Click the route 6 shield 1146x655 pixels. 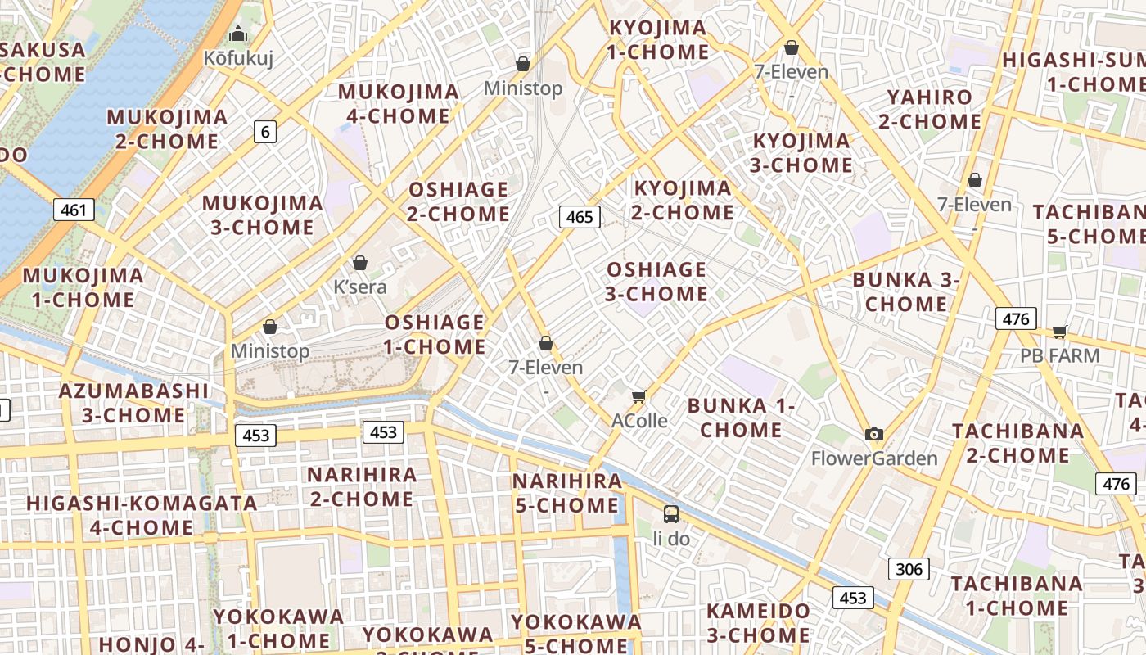click(x=264, y=131)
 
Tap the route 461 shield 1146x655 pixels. click(x=74, y=210)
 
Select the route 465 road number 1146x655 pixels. click(x=580, y=217)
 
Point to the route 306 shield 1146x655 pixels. click(x=909, y=569)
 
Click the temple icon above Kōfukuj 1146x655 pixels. click(x=238, y=34)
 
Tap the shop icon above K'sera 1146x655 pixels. click(x=359, y=264)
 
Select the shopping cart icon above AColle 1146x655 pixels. click(x=639, y=397)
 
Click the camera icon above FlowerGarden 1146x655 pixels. click(x=874, y=435)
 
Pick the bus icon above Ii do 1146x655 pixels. click(x=671, y=514)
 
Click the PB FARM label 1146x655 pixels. click(x=1059, y=356)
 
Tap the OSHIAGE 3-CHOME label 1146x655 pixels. click(x=656, y=281)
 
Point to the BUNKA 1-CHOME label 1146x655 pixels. click(x=741, y=418)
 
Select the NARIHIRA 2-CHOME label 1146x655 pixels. click(x=361, y=486)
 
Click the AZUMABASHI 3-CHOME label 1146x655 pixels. click(x=133, y=403)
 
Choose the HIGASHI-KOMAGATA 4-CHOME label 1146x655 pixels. click(x=142, y=515)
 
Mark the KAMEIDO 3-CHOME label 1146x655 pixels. click(x=758, y=623)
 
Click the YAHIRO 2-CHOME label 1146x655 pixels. click(x=930, y=110)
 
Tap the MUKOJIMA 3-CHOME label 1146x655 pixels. click(x=262, y=215)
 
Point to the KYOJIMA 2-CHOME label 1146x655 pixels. click(x=683, y=201)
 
